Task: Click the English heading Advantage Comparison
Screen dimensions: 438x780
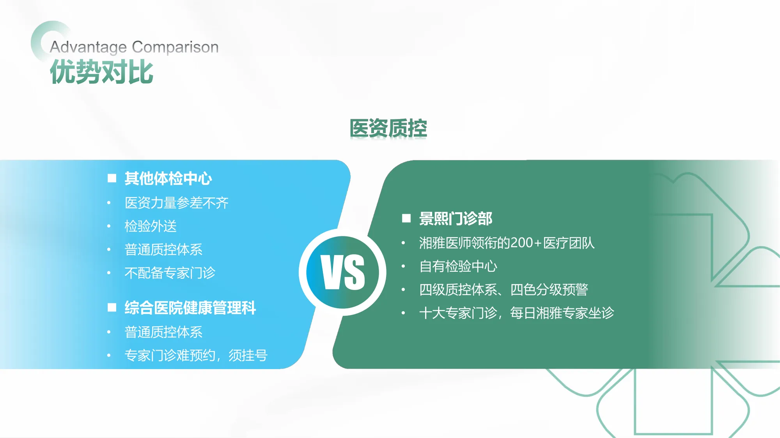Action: pos(134,47)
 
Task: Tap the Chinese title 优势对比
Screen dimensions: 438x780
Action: pos(101,72)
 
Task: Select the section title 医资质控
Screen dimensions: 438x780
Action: pos(388,128)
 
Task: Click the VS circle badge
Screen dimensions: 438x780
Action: pos(342,272)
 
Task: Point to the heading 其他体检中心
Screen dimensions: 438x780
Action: pos(168,179)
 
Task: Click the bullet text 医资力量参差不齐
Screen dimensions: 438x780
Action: pos(176,203)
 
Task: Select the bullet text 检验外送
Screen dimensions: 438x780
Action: pos(151,226)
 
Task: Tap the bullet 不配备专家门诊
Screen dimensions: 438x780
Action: pos(170,273)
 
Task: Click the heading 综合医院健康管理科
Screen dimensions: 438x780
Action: pos(190,308)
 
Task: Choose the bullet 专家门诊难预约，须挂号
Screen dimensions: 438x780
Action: pos(196,355)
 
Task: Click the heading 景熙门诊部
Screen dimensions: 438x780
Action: pos(456,219)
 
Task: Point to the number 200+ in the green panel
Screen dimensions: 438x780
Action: pos(526,243)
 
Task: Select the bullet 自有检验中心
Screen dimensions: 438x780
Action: pos(458,266)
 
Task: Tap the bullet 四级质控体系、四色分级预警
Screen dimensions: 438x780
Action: pos(503,290)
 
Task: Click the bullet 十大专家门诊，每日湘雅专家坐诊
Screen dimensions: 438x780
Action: pos(516,313)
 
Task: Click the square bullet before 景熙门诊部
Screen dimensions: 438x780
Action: pos(406,218)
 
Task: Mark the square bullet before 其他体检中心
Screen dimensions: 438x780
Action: pos(112,178)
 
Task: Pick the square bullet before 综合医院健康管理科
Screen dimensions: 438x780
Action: pos(112,308)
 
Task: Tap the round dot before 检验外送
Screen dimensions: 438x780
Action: pos(109,226)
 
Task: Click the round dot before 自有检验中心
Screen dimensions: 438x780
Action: pos(403,266)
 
